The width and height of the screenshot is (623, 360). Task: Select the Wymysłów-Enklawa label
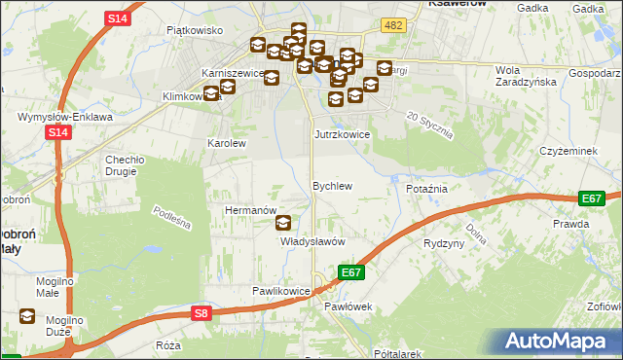pos(58,117)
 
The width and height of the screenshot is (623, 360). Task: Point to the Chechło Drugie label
pos(125,164)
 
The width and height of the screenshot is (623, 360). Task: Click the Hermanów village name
pos(251,209)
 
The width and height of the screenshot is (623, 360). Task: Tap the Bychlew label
pos(331,185)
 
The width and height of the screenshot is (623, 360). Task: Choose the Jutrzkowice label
pos(342,134)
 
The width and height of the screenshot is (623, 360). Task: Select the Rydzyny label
pos(444,243)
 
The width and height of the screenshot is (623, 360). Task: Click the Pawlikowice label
pos(280,291)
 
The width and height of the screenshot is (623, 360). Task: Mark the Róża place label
pos(168,345)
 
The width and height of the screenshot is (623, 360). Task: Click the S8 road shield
pos(201,313)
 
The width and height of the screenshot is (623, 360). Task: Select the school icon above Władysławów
pos(283,223)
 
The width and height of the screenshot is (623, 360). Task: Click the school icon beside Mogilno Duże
pos(27,316)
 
